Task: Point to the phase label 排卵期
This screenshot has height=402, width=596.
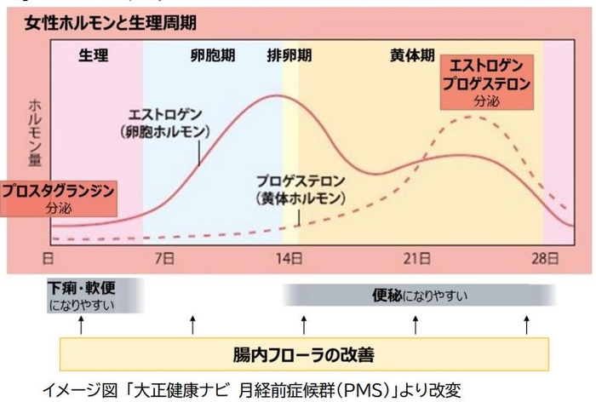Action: [289, 55]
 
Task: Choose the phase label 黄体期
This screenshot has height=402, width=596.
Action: [413, 55]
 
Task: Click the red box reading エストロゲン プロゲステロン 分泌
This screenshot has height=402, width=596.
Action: [489, 83]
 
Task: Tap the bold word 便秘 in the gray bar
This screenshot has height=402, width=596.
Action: [388, 296]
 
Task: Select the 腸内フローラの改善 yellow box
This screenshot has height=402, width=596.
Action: [304, 353]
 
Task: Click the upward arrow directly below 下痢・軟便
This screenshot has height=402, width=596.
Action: [80, 324]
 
